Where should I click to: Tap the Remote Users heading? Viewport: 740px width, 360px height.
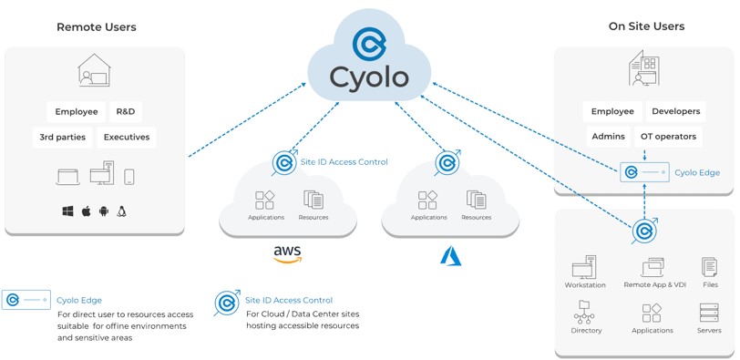pyautogui.click(x=96, y=27)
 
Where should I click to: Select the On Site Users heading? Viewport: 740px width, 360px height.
pyautogui.click(x=646, y=26)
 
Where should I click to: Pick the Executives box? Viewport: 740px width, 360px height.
pyautogui.click(x=126, y=138)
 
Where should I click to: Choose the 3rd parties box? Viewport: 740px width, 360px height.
pyautogui.click(x=62, y=138)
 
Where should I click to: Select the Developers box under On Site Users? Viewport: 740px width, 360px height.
pyautogui.click(x=675, y=111)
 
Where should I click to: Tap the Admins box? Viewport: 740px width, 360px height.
pyautogui.click(x=608, y=137)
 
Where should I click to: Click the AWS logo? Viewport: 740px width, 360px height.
pyautogui.click(x=287, y=252)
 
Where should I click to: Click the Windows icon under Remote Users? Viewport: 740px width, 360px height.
pyautogui.click(x=67, y=211)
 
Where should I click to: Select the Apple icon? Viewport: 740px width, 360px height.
pyautogui.click(x=87, y=211)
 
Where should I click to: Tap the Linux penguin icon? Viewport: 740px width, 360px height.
pyautogui.click(x=122, y=211)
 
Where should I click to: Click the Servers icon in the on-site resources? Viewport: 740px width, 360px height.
pyautogui.click(x=708, y=314)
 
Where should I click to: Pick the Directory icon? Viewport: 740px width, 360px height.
pyautogui.click(x=585, y=314)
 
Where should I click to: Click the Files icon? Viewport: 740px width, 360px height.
pyautogui.click(x=709, y=267)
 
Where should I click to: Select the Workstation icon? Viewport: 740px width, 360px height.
pyautogui.click(x=584, y=267)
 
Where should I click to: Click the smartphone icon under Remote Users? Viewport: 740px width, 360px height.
pyautogui.click(x=129, y=177)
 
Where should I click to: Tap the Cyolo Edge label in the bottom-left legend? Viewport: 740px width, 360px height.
pyautogui.click(x=79, y=300)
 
